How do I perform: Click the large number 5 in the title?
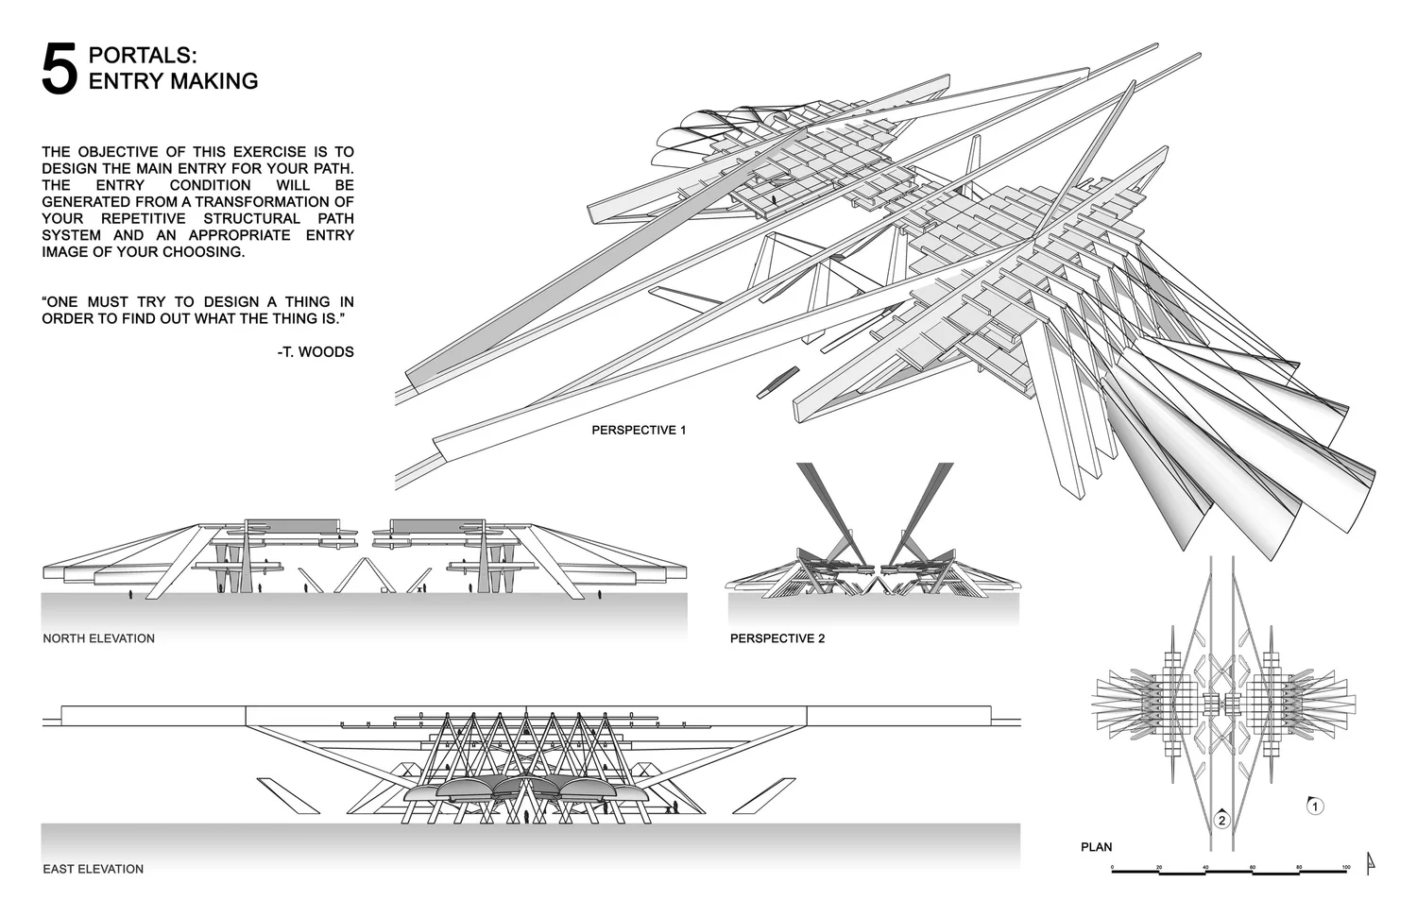59,69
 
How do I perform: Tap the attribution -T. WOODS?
316,351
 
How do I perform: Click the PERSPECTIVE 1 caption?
639,430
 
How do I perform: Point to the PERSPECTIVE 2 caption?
777,638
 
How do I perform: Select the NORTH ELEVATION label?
98,638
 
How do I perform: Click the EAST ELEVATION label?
93,869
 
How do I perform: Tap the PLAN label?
1096,847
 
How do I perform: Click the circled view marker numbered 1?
1315,807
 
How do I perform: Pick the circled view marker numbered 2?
1221,819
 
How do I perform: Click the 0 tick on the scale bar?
1113,868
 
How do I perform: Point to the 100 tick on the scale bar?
1345,868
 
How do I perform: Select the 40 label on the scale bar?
1205,866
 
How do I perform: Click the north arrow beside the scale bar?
1371,861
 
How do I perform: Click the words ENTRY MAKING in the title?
173,81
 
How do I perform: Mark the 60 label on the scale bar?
1253,866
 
